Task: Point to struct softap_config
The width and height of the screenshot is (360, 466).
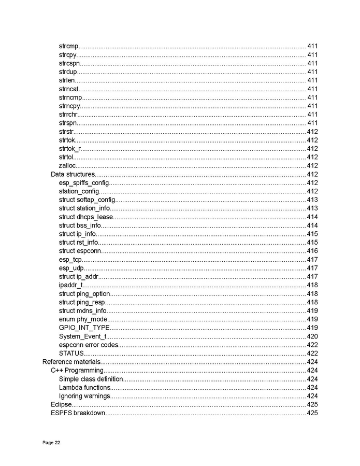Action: pos(87,200)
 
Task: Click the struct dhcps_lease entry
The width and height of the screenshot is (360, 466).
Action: pos(85,217)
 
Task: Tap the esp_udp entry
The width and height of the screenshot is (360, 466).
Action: pos(71,268)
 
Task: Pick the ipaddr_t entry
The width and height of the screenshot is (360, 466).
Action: pos(71,285)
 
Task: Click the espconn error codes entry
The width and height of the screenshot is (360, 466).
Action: pos(89,345)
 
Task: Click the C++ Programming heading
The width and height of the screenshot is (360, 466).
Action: pos(77,370)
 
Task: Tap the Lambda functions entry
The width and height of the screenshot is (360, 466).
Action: pos(84,387)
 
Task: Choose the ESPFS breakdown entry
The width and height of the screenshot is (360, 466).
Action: pos(78,413)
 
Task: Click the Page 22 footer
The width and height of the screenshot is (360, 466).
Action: pos(51,443)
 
